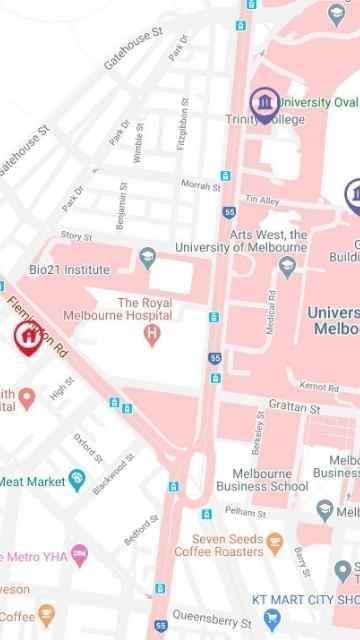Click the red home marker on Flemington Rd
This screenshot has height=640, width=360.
click(x=28, y=337)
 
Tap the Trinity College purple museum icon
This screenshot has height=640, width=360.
click(x=263, y=102)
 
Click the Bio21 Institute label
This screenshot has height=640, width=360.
click(x=69, y=270)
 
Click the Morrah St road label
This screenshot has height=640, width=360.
click(x=200, y=185)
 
